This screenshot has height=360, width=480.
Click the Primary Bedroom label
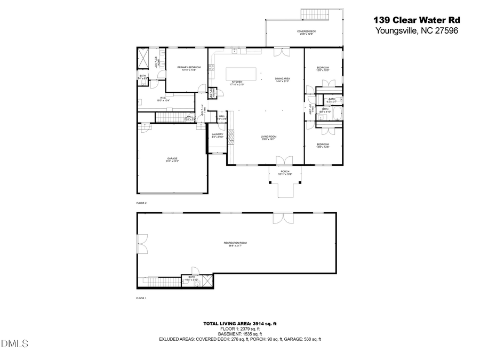pyautogui.click(x=189, y=68)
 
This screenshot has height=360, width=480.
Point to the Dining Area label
pyautogui.click(x=282, y=80)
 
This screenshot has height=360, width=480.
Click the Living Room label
pyautogui.click(x=268, y=138)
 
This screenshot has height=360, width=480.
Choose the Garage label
pyautogui.click(x=172, y=159)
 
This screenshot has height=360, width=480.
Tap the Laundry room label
pyautogui.click(x=217, y=135)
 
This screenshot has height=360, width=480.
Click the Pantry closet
pyautogui.click(x=211, y=92)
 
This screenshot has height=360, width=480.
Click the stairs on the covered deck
pyautogui.click(x=314, y=13)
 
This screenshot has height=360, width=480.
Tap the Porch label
pyautogui.click(x=285, y=173)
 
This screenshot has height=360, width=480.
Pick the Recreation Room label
pyautogui.click(x=235, y=244)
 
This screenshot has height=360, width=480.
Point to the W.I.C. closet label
pyautogui.click(x=163, y=99)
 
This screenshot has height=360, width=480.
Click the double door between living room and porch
pyautogui.click(x=284, y=161)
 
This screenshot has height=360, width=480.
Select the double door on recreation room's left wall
pyautogui.click(x=141, y=243)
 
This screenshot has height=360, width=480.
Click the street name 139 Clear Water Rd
pyautogui.click(x=416, y=20)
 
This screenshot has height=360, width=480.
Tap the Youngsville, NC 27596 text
pyautogui.click(x=417, y=30)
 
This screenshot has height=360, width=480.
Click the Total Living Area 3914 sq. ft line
pyautogui.click(x=239, y=324)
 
